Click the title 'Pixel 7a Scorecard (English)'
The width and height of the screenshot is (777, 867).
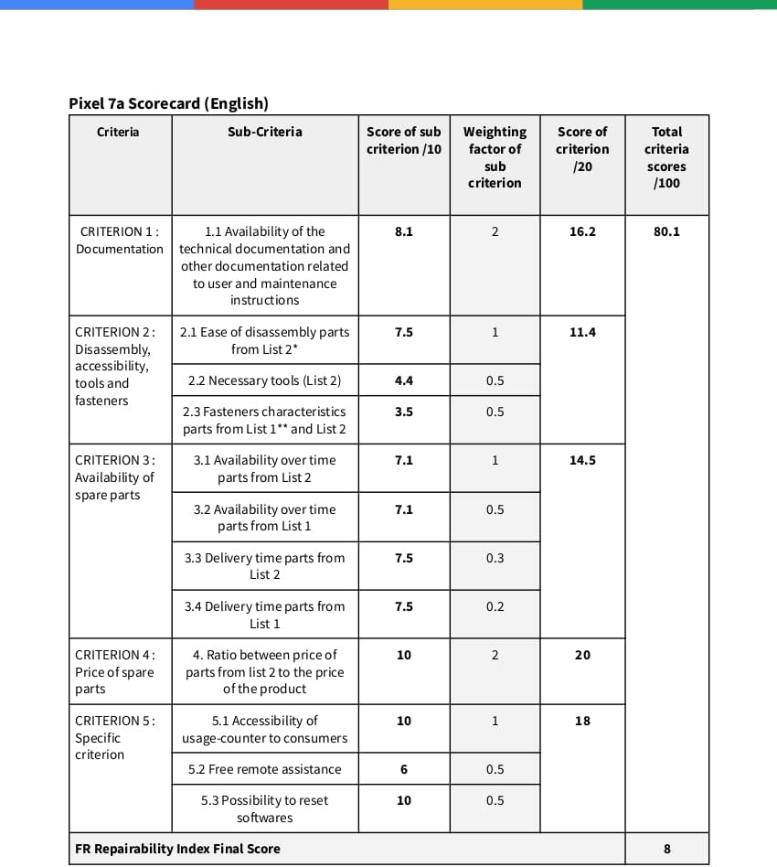(x=168, y=103)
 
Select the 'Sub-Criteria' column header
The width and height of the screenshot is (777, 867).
(x=264, y=132)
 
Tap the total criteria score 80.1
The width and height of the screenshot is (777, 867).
(x=666, y=231)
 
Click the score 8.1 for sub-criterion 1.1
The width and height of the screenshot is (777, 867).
(x=403, y=231)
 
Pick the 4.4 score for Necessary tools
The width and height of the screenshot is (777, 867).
(x=403, y=380)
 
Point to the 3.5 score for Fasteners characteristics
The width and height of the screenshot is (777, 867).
(x=403, y=412)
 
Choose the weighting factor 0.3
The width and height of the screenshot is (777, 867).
(x=495, y=558)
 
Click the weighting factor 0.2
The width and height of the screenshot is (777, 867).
(x=495, y=606)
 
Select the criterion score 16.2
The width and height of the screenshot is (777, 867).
(x=582, y=231)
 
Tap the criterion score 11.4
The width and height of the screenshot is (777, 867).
(x=582, y=332)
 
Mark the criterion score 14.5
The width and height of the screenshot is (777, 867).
(x=582, y=460)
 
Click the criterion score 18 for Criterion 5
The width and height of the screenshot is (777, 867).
(x=582, y=721)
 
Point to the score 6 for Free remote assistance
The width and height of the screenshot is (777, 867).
(x=403, y=769)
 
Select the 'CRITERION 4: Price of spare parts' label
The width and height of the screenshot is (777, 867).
(x=115, y=671)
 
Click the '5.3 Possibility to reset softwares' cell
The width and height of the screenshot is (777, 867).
(x=264, y=808)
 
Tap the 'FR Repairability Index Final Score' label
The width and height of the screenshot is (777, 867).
(x=177, y=849)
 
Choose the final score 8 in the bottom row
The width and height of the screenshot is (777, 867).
(x=666, y=849)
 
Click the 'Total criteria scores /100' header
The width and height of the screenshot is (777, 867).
(x=666, y=157)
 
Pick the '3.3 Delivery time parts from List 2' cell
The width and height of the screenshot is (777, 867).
(x=264, y=566)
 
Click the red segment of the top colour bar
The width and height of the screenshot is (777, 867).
(x=291, y=5)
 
